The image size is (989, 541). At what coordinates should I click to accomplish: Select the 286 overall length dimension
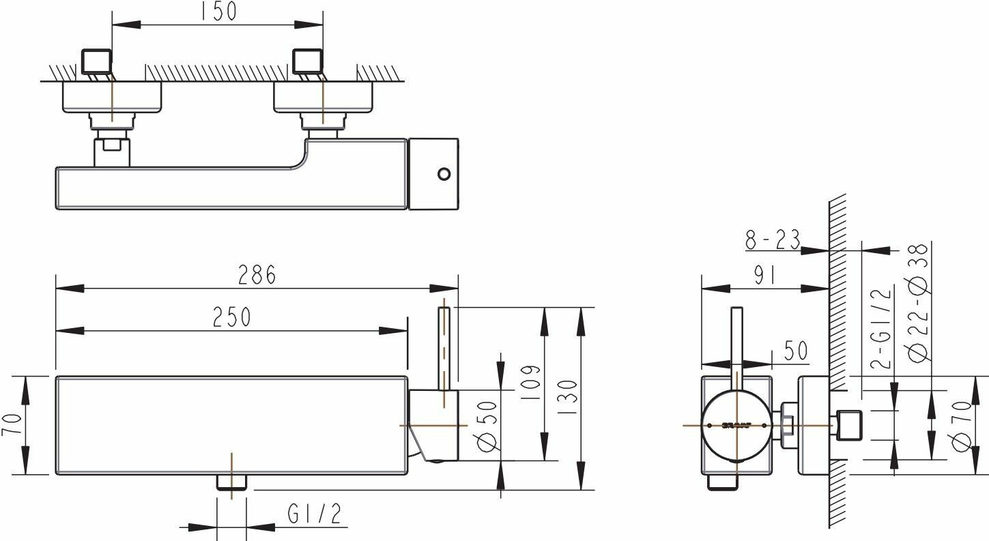pos(257,275)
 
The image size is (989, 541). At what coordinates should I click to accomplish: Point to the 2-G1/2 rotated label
pos(883,329)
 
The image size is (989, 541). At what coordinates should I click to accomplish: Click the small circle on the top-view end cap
pos(444,174)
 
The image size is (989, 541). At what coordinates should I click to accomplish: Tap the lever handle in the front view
pos(444,348)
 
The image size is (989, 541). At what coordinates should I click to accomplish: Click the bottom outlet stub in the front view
pos(231,482)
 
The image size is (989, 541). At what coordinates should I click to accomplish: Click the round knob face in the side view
pos(737,425)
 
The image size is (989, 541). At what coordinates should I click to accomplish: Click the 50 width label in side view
pos(794,351)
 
